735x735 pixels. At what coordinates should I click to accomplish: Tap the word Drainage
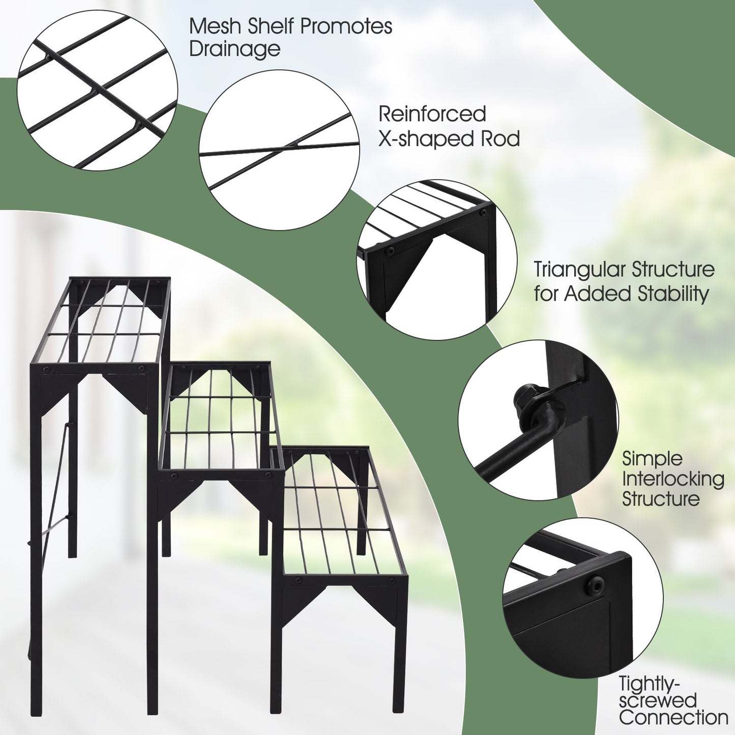click(234, 49)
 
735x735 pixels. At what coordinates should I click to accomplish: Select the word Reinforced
click(432, 114)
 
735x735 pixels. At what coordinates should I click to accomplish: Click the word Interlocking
click(673, 479)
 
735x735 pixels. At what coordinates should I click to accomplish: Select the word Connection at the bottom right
click(673, 718)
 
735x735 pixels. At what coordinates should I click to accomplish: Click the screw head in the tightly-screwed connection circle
click(595, 586)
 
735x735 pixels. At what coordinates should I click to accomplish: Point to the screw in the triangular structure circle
click(390, 251)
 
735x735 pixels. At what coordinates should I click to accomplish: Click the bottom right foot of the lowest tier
click(399, 707)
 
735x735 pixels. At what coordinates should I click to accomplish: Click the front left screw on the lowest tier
click(298, 580)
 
